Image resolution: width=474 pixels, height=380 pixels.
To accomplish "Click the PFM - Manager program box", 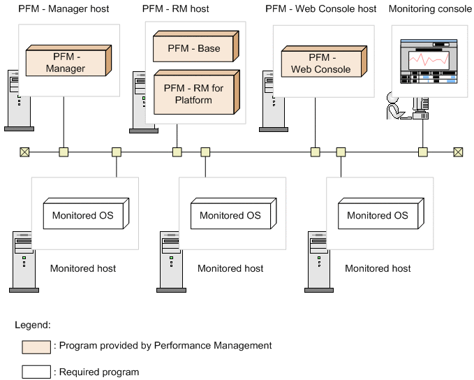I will point(65,62).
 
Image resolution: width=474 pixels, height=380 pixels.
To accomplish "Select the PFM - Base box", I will point(193,48).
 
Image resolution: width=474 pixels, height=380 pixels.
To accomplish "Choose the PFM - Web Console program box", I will point(322,63).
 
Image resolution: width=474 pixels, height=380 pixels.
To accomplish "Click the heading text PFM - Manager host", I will point(64,9).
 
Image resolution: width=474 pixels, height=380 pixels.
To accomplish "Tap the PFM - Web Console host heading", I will point(320,9).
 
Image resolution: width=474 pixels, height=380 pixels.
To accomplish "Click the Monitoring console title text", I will point(431,9).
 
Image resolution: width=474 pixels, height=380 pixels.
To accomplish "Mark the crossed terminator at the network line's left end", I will point(24,152).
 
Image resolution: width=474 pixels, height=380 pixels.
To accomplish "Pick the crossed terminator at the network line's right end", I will point(458,152).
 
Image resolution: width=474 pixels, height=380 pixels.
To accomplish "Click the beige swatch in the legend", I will point(36,346).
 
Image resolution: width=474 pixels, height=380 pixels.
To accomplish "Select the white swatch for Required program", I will point(36,372).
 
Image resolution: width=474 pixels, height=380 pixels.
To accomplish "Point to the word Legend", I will point(32,325).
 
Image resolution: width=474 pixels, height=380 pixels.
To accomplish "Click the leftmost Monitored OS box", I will point(83,215).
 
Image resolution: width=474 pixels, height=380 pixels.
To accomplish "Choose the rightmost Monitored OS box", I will point(378,215).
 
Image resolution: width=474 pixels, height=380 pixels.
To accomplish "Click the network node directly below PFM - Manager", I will point(64,152).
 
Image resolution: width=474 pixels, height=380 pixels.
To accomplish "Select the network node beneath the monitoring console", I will point(422,152).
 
